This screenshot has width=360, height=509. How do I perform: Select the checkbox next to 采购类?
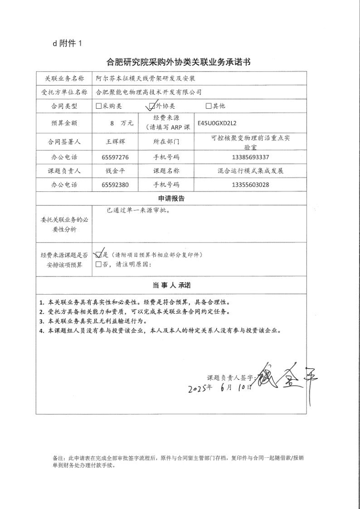pyautogui.click(x=99, y=106)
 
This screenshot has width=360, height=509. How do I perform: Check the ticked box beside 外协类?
pyautogui.click(x=152, y=106)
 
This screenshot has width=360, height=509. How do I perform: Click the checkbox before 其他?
pyautogui.click(x=209, y=106)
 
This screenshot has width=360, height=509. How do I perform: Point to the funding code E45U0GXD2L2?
pyautogui.click(x=217, y=122)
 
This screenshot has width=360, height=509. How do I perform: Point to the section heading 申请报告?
pyautogui.click(x=171, y=199)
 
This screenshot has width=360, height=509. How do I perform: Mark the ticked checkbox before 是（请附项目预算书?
pyautogui.click(x=99, y=255)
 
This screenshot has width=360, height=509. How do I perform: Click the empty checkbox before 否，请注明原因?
pyautogui.click(x=99, y=265)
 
